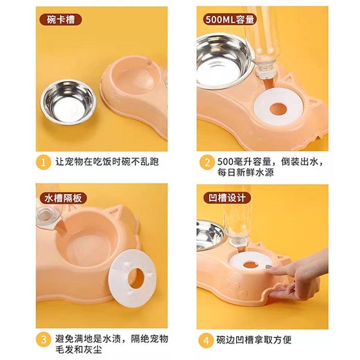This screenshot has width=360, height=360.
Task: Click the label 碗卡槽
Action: pyautogui.click(x=58, y=20)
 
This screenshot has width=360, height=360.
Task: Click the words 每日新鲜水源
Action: pyautogui.click(x=246, y=172)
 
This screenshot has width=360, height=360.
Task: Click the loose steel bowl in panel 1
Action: pyautogui.click(x=68, y=102)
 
